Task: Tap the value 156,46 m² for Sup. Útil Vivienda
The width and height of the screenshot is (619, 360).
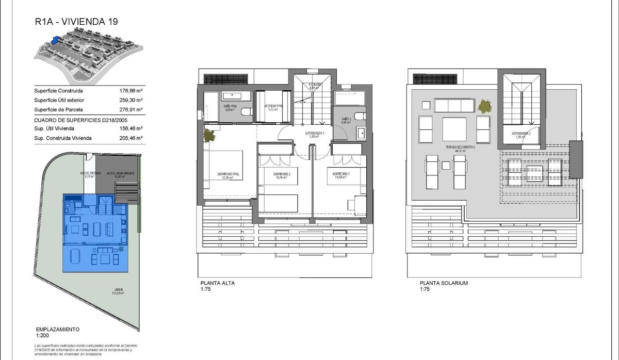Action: click(x=131, y=128)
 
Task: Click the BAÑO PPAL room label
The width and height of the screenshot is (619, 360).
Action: click(x=230, y=107)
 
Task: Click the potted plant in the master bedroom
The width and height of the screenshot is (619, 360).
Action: click(x=209, y=136)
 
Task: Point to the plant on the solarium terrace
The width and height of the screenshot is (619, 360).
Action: click(x=484, y=106)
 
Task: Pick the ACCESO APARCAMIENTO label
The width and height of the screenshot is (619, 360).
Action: click(x=120, y=174)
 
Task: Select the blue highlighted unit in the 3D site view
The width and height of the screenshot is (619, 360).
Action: click(x=56, y=39)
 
